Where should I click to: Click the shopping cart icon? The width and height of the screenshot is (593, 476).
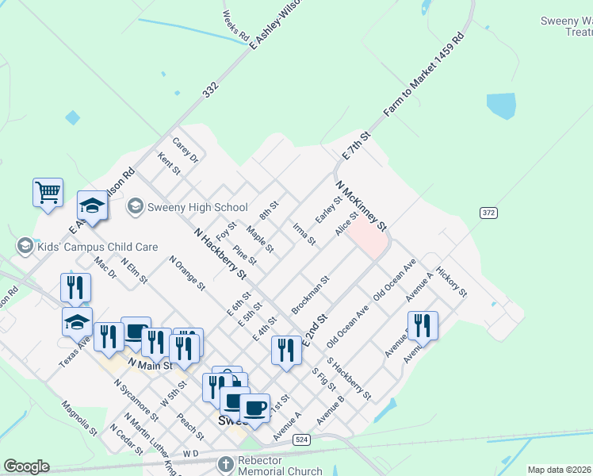point(48,192)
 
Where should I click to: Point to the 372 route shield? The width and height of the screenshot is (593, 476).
point(488,213)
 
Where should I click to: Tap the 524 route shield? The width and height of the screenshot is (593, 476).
point(300,439)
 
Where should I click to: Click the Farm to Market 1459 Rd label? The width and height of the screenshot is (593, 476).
point(424,75)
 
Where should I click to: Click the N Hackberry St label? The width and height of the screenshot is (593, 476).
point(220,253)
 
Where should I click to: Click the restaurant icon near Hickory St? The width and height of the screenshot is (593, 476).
point(423,325)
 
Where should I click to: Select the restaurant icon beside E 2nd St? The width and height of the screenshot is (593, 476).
point(285,350)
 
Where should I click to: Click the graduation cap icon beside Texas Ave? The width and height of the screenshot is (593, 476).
point(77,323)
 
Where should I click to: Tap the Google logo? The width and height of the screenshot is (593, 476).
point(26,466)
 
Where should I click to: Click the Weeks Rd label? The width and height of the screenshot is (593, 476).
point(236,27)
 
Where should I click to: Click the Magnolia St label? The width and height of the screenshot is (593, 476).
point(79,417)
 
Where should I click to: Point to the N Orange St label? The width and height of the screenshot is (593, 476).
point(187,272)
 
